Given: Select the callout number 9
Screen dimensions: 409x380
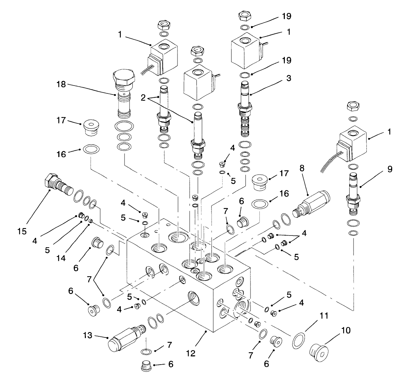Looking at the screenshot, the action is pyautogui.click(x=389, y=169).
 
